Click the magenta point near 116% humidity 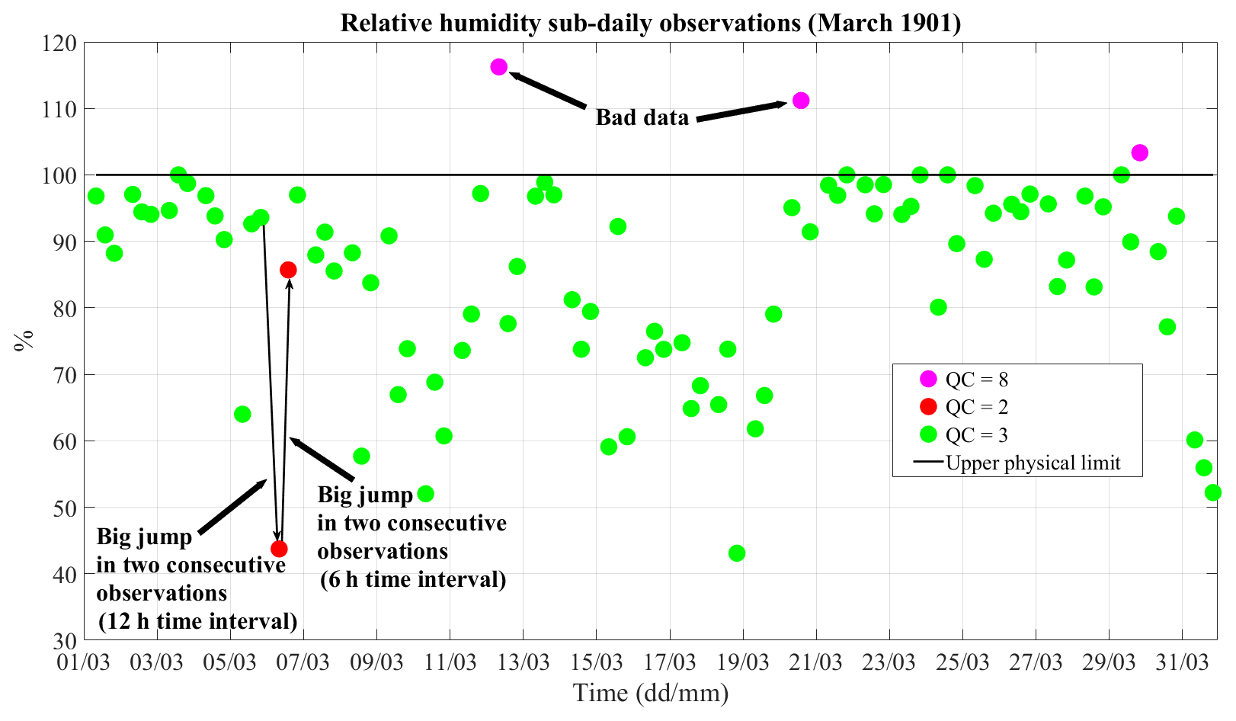(x=499, y=67)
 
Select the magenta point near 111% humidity (x=801, y=101)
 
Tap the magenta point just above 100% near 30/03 (x=1140, y=152)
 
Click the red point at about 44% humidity (x=279, y=549)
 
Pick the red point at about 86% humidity (x=288, y=270)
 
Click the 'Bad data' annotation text (x=642, y=117)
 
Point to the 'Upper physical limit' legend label (x=1033, y=463)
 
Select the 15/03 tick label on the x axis (x=597, y=660)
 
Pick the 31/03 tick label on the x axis (x=1183, y=660)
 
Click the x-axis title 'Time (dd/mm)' (x=651, y=694)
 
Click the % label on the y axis (x=24, y=340)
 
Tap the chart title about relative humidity (x=650, y=23)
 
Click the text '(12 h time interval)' (x=198, y=621)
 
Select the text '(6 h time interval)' (x=413, y=579)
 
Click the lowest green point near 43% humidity (x=737, y=553)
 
